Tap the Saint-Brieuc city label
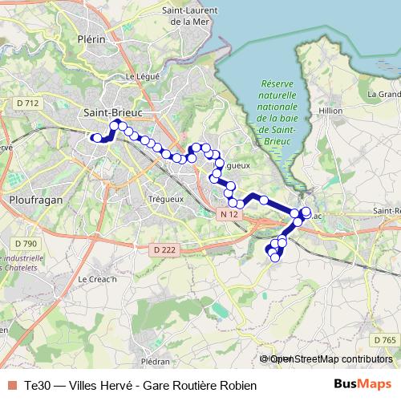112,113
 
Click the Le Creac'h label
97,279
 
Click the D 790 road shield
25,243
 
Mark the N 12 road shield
228,215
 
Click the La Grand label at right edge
383,94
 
